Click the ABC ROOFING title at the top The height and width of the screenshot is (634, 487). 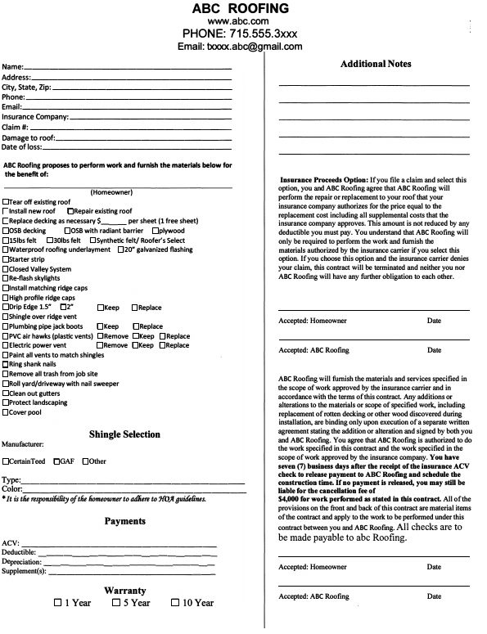pos(239,9)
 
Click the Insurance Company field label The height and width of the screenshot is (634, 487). pos(35,117)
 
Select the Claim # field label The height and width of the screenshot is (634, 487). pos(16,127)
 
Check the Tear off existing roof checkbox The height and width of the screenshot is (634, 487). pos(7,201)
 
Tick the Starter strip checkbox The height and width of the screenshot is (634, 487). pos(7,259)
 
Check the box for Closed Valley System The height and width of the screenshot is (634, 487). pos(7,269)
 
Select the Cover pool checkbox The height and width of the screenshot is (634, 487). pos(7,411)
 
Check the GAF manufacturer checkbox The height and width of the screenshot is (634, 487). pos(57,461)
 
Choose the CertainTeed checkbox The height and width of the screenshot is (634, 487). pos(6,461)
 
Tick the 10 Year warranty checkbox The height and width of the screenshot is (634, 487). pos(175,603)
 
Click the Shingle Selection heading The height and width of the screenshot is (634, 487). pos(124,434)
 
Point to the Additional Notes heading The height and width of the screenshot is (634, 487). pos(376,64)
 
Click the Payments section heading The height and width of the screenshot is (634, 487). pos(124,521)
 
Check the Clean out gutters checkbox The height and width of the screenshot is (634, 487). pos(7,393)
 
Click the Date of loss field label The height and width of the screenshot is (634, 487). pos(22,147)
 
